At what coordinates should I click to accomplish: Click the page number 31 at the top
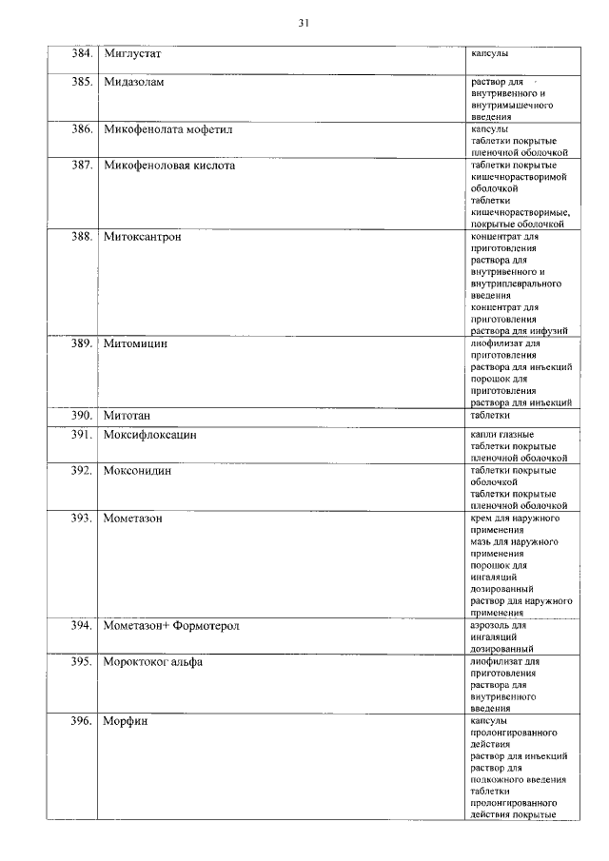(304, 21)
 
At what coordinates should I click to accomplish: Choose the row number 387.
(81, 166)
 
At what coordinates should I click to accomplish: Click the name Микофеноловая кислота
(168, 166)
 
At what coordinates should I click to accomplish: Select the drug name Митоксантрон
(142, 237)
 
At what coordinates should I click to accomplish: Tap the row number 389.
(81, 343)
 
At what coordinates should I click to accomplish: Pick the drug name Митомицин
(135, 343)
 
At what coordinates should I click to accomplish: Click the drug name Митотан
(128, 416)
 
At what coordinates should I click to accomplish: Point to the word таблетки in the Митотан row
(490, 415)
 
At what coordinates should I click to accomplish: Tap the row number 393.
(81, 519)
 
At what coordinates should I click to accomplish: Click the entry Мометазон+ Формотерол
(170, 626)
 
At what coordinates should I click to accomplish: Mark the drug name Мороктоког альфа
(152, 662)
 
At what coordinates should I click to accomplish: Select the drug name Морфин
(125, 721)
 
